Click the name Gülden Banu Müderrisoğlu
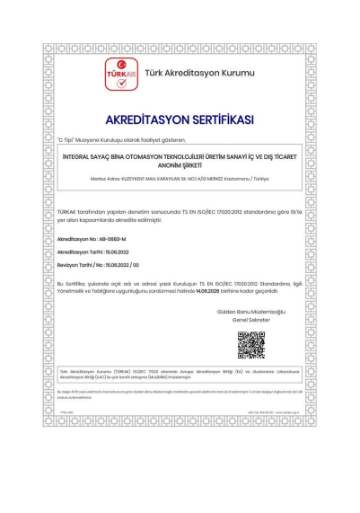(x=250, y=310)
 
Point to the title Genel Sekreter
(x=250, y=319)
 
